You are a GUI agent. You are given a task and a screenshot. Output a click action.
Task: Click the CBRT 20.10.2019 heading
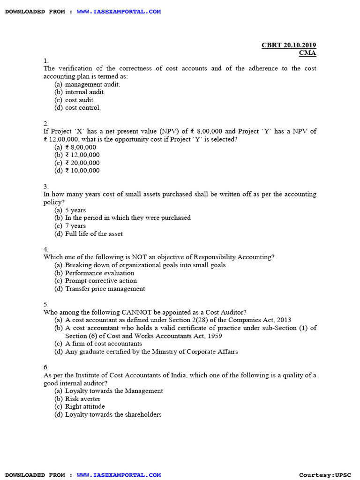click(289, 45)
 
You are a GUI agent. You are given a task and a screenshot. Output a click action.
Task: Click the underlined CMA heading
click(307, 53)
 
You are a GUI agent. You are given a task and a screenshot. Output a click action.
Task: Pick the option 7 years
click(75, 226)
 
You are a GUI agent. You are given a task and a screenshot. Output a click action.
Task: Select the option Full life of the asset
click(94, 234)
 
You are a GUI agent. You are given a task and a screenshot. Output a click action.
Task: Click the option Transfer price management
click(105, 289)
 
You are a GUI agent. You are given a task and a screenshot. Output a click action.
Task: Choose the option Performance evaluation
click(99, 273)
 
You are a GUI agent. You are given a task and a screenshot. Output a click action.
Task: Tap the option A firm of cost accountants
click(103, 344)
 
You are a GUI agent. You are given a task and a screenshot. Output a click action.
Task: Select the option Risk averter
click(82, 399)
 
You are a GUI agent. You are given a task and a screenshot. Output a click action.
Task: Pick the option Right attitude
click(85, 406)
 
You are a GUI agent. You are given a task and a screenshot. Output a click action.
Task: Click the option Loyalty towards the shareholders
click(113, 414)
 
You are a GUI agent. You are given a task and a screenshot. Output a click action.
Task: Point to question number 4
click(46, 249)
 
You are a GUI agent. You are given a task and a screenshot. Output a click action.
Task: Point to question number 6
click(46, 367)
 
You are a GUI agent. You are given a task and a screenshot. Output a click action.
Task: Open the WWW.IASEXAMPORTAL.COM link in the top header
click(119, 11)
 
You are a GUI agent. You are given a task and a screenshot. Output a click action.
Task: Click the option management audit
click(92, 84)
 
